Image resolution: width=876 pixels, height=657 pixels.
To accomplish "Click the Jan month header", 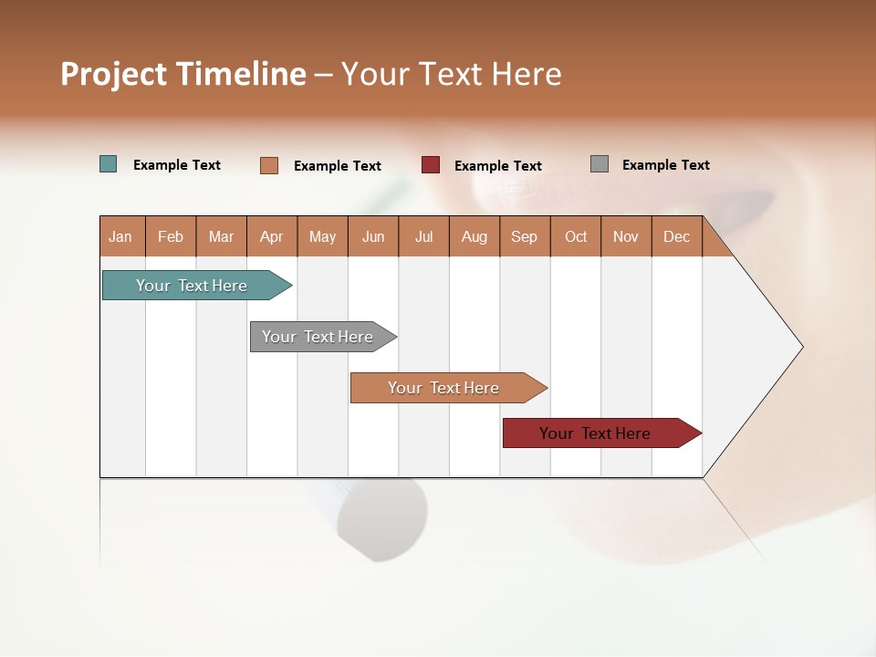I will pyautogui.click(x=121, y=236).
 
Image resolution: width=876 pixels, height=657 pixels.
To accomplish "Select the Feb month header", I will pyautogui.click(x=171, y=236).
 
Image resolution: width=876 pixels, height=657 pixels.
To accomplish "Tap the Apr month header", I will pyautogui.click(x=272, y=236).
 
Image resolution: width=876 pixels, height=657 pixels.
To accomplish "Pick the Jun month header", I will pyautogui.click(x=373, y=236).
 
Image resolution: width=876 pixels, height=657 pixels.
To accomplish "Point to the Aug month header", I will pyautogui.click(x=474, y=236).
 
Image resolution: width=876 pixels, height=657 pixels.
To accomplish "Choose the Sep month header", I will pyautogui.click(x=525, y=236).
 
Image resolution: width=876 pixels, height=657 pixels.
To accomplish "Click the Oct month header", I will pyautogui.click(x=576, y=236).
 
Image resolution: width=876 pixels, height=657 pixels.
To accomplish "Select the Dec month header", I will pyautogui.click(x=677, y=236).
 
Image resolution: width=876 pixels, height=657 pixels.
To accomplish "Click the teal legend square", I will pyautogui.click(x=109, y=164).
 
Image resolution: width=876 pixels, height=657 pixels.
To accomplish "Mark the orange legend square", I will pyautogui.click(x=269, y=165).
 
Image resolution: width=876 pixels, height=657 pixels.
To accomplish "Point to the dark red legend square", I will pyautogui.click(x=431, y=165).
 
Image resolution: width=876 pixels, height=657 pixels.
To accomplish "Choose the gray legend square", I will pyautogui.click(x=600, y=164).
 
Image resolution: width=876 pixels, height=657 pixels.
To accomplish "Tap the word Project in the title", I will pyautogui.click(x=113, y=74).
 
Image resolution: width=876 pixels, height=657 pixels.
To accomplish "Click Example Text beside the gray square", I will pyautogui.click(x=665, y=165).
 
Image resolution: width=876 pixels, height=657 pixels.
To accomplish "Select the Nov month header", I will pyautogui.click(x=626, y=236).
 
